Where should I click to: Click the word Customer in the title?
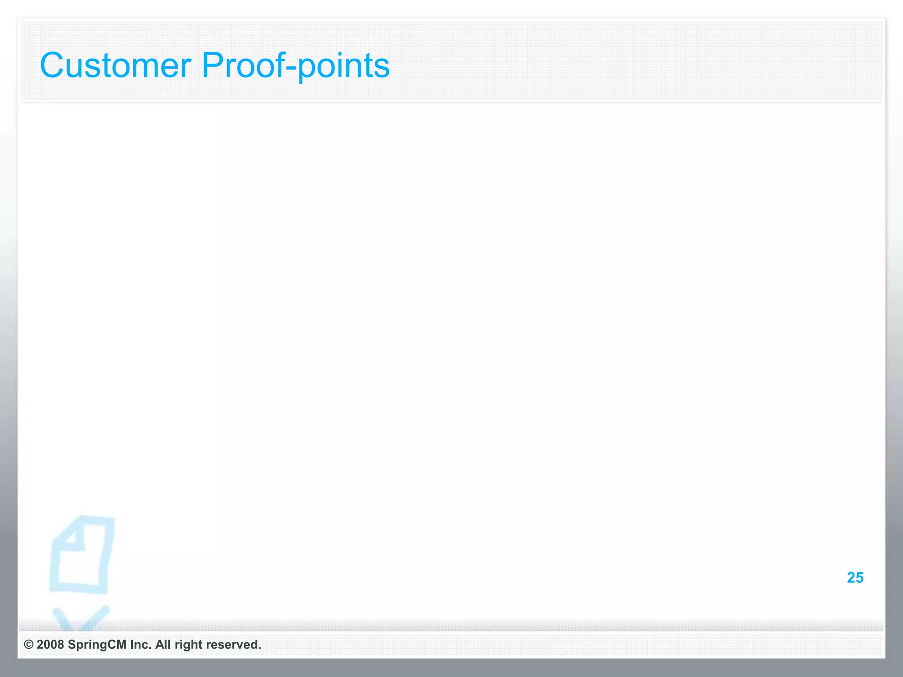[x=116, y=65]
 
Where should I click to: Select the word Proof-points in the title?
[x=295, y=65]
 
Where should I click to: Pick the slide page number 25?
[x=855, y=577]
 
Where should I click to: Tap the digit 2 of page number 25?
[x=851, y=577]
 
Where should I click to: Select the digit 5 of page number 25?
[x=859, y=577]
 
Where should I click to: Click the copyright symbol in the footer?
[x=28, y=644]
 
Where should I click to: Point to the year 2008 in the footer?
[x=50, y=644]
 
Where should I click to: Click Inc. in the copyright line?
[x=141, y=644]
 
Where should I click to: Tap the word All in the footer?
[x=163, y=644]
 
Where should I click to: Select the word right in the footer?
[x=188, y=645]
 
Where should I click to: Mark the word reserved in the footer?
[x=233, y=644]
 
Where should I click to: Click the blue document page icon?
[x=82, y=560]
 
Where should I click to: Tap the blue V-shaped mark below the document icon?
[x=79, y=619]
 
